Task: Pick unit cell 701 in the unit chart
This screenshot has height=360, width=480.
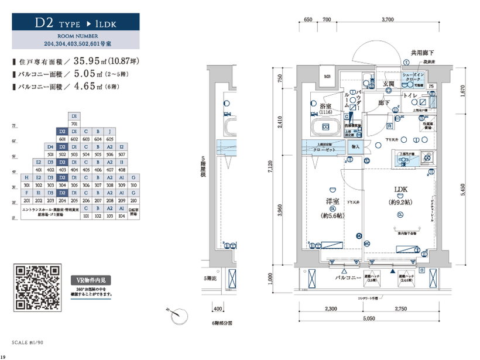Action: pos(74,124)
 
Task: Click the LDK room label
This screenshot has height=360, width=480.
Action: pos(400,189)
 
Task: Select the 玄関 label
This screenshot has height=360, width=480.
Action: pos(388,84)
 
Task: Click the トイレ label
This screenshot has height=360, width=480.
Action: pos(409,95)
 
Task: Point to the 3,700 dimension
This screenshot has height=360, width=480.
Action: pos(387,20)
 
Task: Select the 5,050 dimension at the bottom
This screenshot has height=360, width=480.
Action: pos(369,318)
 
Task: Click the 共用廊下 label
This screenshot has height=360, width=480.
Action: pos(422,52)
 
